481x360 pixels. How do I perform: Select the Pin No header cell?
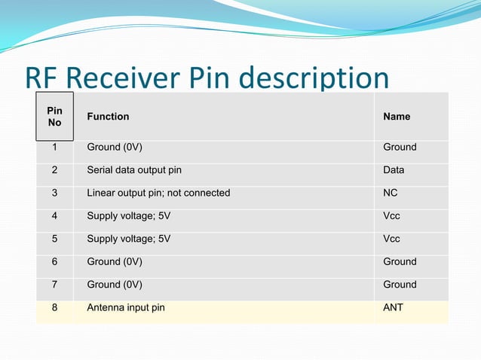(54, 116)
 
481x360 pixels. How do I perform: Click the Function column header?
(108, 117)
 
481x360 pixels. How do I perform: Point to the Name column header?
(397, 117)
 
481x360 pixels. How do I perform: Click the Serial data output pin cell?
(134, 170)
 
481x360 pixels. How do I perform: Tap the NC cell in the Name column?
(391, 193)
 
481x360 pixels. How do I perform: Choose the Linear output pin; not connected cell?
(158, 193)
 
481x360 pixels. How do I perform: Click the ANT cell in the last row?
(393, 307)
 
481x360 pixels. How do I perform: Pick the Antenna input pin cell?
(126, 307)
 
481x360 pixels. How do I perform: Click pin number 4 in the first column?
(54, 216)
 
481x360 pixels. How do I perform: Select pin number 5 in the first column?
(54, 239)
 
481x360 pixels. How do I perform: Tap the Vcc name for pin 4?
(391, 216)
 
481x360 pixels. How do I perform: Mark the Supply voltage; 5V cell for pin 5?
(129, 239)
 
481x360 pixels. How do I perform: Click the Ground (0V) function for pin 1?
(115, 147)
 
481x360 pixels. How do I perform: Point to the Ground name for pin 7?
(400, 285)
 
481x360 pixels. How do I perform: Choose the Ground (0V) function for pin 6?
(115, 261)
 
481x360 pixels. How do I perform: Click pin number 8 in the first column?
(54, 307)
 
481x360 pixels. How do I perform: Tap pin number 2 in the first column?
(54, 170)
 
